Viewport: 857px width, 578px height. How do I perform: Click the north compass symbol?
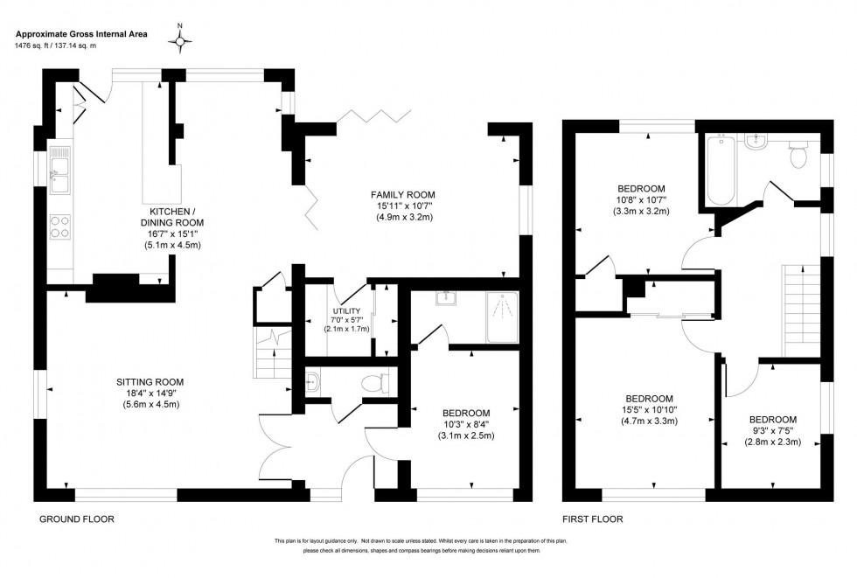coord(181,40)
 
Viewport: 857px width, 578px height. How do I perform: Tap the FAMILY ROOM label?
coord(402,194)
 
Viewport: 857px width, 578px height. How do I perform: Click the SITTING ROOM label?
coord(150,381)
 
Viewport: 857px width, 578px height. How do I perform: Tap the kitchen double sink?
coord(60,173)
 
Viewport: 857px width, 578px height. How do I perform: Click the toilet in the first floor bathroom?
coord(797,156)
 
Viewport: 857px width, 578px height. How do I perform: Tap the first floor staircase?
coord(800,310)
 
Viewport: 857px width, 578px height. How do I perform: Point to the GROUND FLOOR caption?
coord(77,519)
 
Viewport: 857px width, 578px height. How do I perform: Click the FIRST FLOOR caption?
coord(594,519)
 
